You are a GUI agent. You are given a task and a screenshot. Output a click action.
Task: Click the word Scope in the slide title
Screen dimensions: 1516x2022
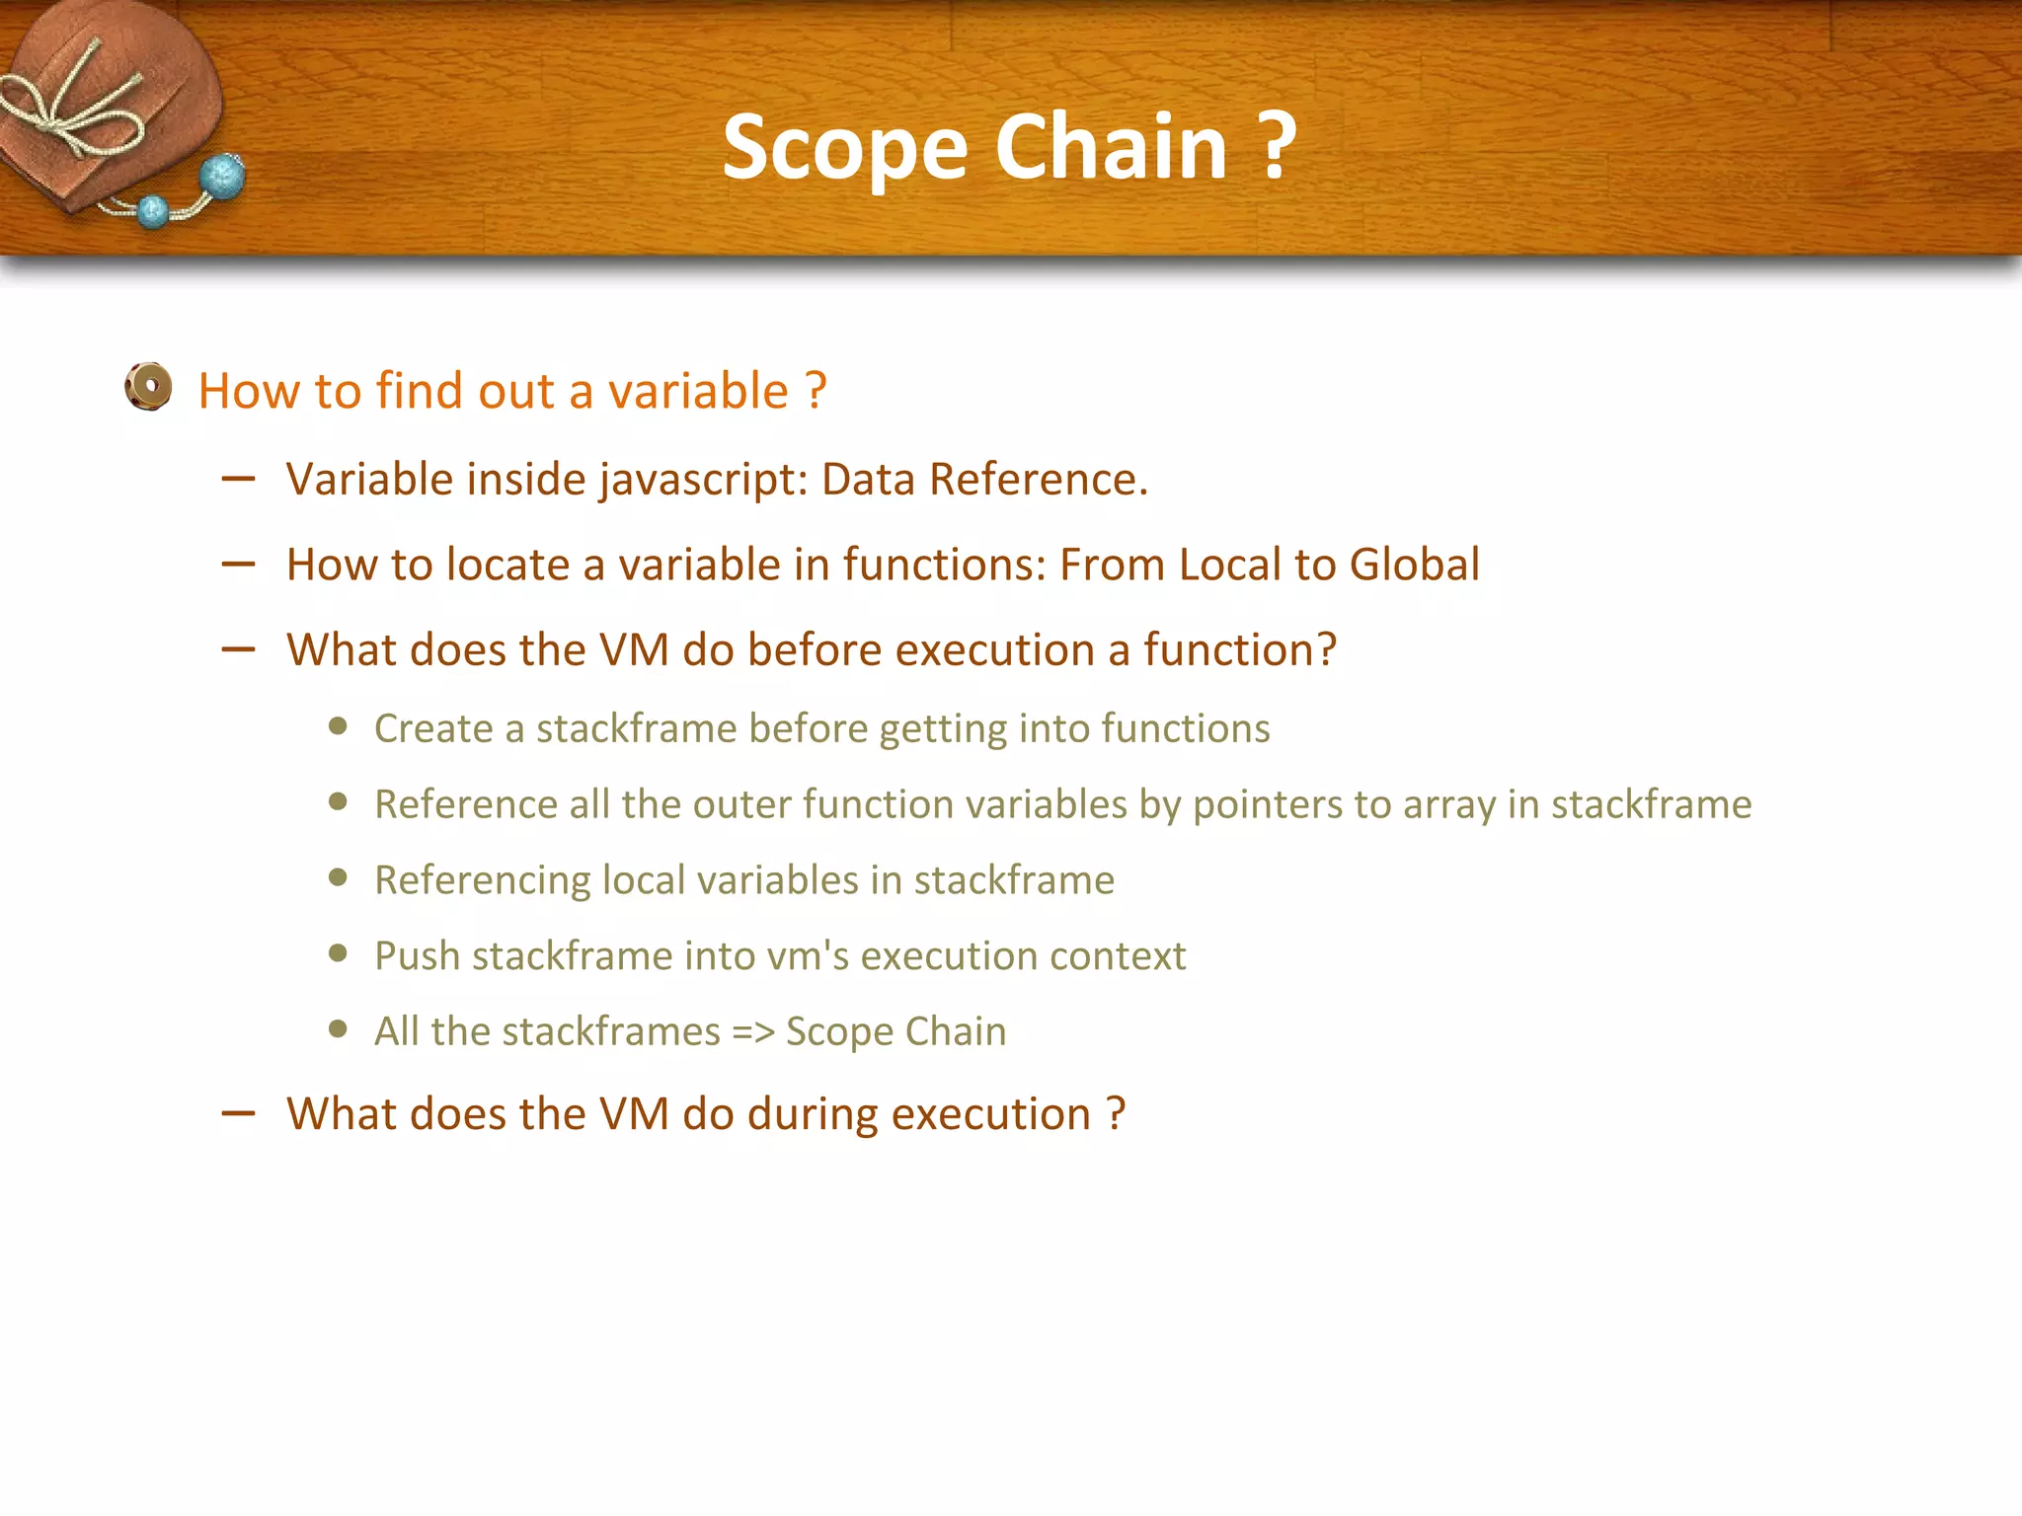(845, 148)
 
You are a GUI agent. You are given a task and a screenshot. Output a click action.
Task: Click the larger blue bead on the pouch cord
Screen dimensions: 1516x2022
(223, 178)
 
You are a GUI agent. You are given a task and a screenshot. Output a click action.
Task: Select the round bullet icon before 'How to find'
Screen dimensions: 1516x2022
(149, 387)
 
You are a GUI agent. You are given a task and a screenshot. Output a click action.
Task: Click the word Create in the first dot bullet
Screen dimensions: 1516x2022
(432, 728)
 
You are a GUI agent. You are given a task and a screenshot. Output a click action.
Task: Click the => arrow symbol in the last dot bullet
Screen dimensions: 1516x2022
(752, 1031)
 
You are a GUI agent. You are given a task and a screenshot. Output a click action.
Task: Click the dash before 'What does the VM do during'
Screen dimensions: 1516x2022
(239, 1114)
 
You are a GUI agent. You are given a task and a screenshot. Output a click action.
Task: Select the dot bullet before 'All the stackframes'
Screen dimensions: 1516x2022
(339, 1029)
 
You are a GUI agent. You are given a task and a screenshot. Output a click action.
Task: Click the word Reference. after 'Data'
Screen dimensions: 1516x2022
(1038, 480)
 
